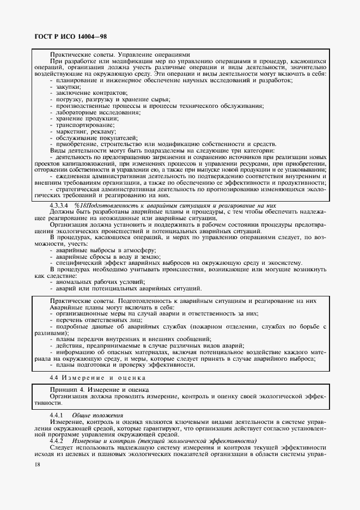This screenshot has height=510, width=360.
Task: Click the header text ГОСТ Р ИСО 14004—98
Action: coord(63,35)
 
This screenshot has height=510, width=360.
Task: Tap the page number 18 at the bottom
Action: coord(37,464)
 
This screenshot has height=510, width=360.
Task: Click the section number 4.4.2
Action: coord(57,440)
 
